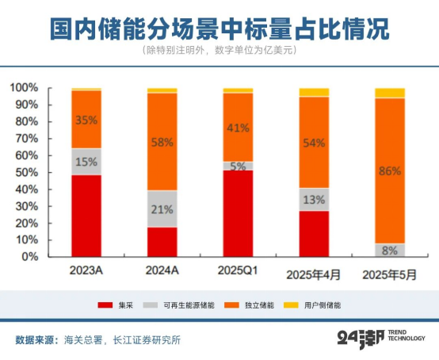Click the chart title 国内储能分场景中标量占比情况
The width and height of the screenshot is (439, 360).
(219, 29)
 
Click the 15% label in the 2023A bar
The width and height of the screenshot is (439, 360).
(86, 162)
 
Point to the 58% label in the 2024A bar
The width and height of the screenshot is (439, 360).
(162, 143)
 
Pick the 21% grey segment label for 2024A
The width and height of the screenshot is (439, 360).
(162, 209)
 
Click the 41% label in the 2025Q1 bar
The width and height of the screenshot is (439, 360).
(239, 127)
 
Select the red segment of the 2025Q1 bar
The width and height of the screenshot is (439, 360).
(239, 213)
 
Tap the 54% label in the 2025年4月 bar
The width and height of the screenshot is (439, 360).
(314, 142)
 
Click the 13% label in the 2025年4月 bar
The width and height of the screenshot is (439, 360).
(314, 200)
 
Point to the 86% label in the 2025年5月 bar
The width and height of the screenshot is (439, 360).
(389, 170)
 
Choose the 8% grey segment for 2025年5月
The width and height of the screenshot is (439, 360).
(389, 250)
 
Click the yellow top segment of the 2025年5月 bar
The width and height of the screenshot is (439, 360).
(389, 93)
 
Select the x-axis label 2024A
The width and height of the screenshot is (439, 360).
(162, 271)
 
